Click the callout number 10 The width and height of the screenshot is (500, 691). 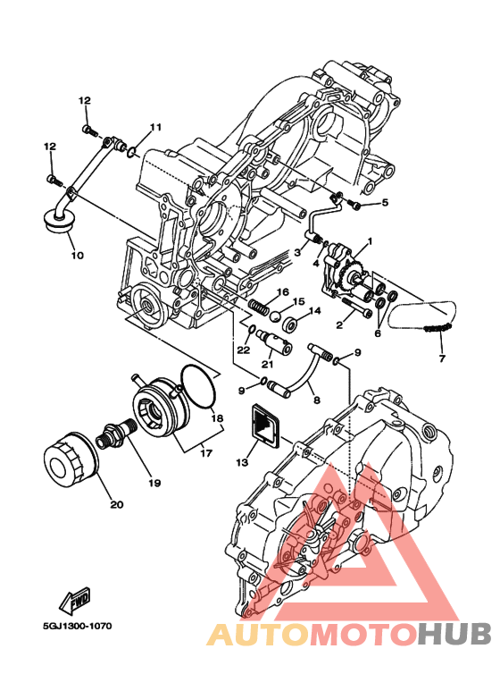[77, 255]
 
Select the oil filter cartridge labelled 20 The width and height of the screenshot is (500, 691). [71, 459]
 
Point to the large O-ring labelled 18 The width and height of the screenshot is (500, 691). [199, 387]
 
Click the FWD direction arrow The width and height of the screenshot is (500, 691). [75, 600]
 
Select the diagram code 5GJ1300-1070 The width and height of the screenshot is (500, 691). [78, 626]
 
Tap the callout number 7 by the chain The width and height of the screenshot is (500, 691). [442, 358]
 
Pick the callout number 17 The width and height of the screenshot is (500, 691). [206, 452]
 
